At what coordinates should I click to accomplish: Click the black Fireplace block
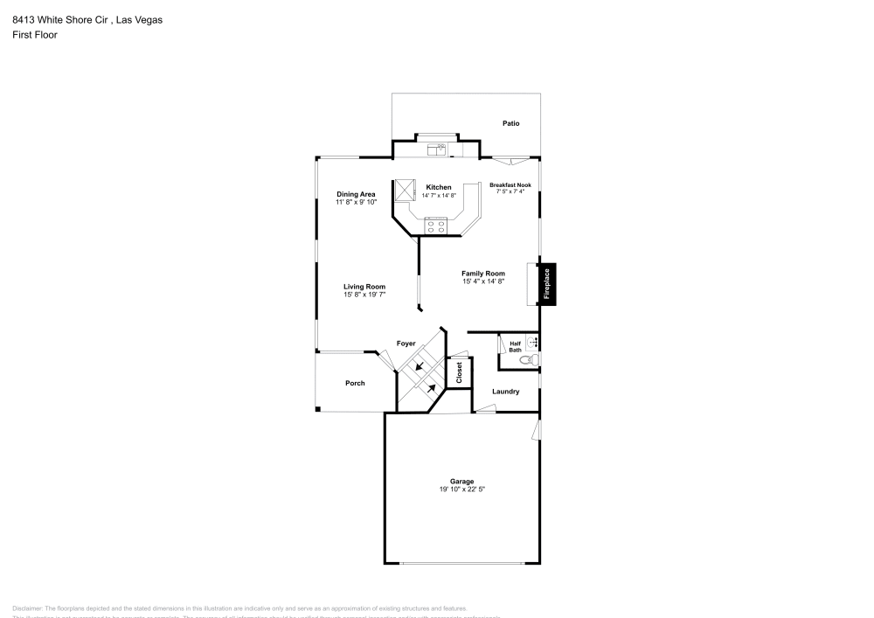tap(547, 285)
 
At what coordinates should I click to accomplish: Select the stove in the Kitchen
tap(436, 226)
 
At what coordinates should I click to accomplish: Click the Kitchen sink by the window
tap(436, 150)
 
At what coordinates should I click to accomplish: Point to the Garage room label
tap(461, 482)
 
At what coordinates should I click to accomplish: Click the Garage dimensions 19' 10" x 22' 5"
tap(461, 490)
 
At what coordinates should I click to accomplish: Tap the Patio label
tap(510, 123)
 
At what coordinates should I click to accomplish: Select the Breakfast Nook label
tap(510, 184)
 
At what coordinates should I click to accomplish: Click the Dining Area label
tap(356, 194)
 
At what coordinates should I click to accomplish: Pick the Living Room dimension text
tap(364, 295)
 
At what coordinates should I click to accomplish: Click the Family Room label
tap(483, 274)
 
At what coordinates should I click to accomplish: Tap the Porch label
tap(355, 383)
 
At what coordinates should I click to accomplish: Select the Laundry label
tap(505, 392)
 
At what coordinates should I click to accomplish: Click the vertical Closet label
tap(459, 372)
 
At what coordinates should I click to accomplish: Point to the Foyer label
tap(406, 344)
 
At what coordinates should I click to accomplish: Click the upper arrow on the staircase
tap(420, 366)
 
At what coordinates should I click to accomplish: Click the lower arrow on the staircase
tap(431, 387)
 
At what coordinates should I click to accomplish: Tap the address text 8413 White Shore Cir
tap(62, 19)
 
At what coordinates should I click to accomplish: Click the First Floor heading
tap(34, 35)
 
